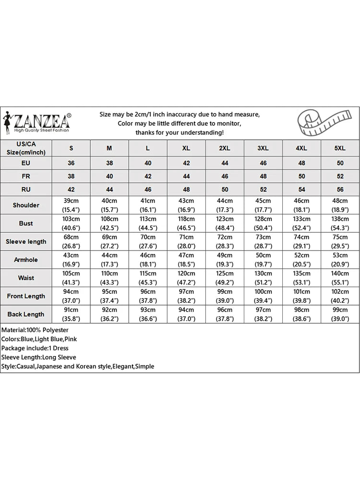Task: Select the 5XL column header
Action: click(x=340, y=148)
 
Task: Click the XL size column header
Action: click(x=186, y=148)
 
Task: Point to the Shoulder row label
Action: click(x=26, y=205)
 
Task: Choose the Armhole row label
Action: click(x=26, y=260)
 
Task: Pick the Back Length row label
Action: click(x=26, y=314)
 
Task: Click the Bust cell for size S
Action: click(x=71, y=223)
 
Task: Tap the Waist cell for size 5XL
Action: click(x=340, y=278)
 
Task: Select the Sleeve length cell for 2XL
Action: click(x=225, y=241)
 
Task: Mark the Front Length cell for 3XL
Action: click(x=263, y=296)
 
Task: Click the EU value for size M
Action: click(x=109, y=163)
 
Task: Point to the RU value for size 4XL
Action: click(x=301, y=189)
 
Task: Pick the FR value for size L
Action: click(x=148, y=176)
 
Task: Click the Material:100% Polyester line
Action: click(x=35, y=330)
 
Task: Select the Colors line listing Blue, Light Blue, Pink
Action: click(x=39, y=339)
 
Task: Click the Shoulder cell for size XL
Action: click(x=186, y=205)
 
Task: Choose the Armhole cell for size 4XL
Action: click(x=301, y=260)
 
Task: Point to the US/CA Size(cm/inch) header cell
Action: click(x=26, y=148)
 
